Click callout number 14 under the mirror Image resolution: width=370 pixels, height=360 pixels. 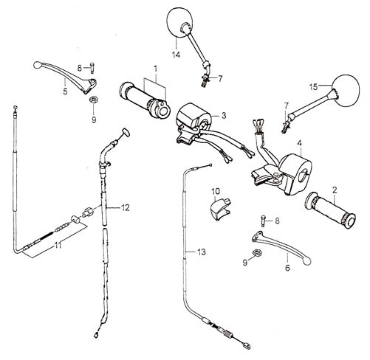tap(176, 55)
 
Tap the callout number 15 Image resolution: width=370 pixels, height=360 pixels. tap(314, 87)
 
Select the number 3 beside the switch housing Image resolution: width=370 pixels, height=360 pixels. tap(224, 116)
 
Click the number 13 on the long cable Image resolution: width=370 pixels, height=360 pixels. tap(202, 252)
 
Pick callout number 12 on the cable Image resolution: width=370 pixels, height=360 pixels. tap(125, 208)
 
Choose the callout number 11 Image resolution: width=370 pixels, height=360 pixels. tap(58, 245)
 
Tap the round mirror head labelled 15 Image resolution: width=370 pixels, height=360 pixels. tap(346, 91)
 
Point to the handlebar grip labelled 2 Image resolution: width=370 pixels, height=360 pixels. tap(330, 210)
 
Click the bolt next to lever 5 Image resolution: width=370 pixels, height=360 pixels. tap(92, 68)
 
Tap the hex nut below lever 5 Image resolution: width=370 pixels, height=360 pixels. tap(93, 100)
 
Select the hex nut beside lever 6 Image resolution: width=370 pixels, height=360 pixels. tap(257, 252)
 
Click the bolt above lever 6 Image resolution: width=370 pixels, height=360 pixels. tap(263, 221)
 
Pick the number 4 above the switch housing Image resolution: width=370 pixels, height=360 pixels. tap(299, 143)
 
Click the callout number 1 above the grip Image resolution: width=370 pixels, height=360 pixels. tap(155, 69)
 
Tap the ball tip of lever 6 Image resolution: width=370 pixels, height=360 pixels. tap(307, 261)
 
